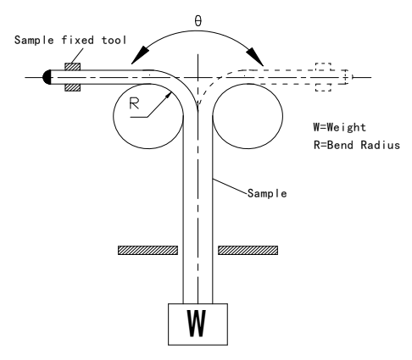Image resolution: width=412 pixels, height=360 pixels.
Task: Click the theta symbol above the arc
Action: coord(198,21)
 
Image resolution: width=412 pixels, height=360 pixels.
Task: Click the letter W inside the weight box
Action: coord(197,324)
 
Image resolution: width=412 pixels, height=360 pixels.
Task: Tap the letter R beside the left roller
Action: coord(134,103)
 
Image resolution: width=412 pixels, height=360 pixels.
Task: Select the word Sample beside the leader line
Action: coord(267,193)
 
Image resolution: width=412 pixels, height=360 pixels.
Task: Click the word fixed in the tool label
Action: coord(78,40)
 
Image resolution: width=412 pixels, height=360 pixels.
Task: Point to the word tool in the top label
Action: coord(114,40)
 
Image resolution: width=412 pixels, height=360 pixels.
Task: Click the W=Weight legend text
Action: coord(339,127)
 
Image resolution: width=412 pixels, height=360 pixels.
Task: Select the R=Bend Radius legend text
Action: coord(357,145)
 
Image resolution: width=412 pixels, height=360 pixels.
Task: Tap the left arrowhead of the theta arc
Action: coord(140,55)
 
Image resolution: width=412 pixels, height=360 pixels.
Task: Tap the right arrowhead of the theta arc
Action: coord(255,57)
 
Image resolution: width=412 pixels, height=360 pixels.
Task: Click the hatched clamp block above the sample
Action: coord(73,67)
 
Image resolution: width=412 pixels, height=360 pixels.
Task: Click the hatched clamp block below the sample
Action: coord(73,87)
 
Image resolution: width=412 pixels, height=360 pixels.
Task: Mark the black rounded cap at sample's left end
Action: coord(47,77)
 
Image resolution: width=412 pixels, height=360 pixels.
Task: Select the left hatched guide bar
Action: coord(148,251)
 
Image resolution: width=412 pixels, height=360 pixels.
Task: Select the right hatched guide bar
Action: coord(248,251)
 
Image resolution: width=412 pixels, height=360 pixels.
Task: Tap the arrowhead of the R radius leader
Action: coord(169,96)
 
